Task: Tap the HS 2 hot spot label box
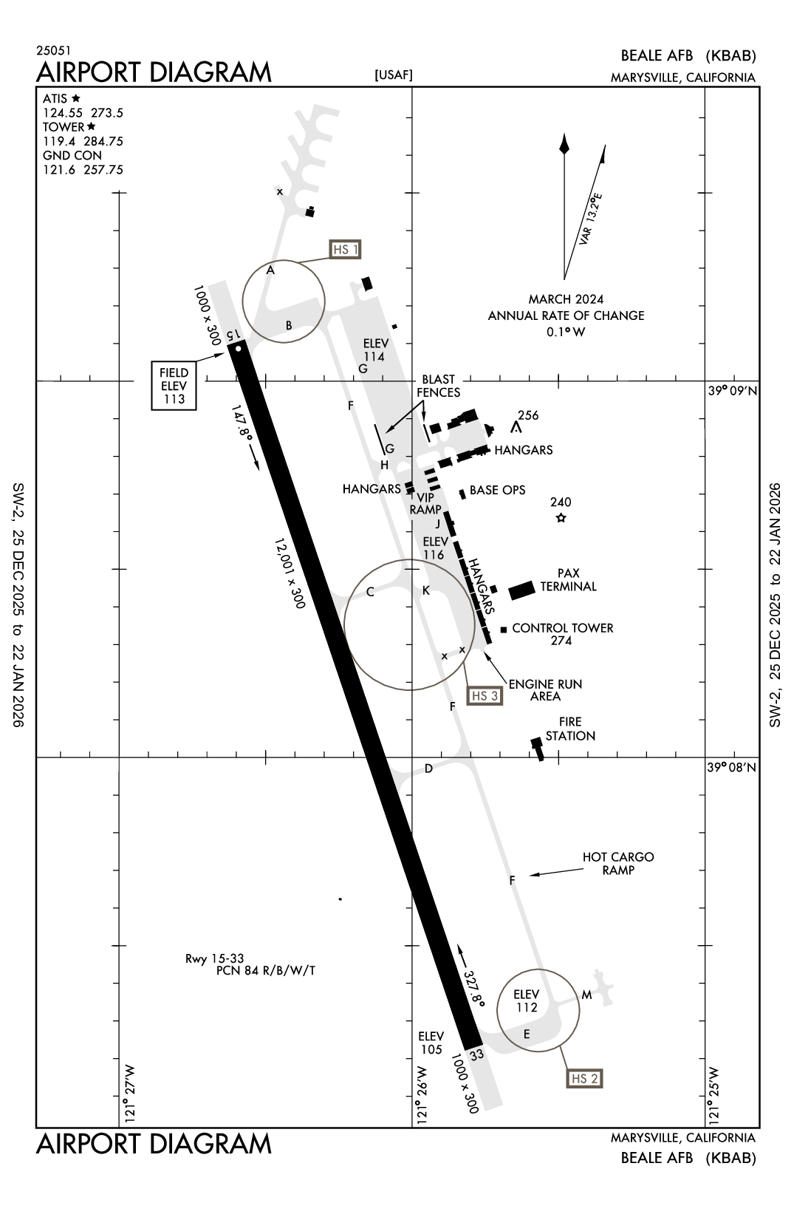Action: (584, 1079)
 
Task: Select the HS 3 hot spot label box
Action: (485, 695)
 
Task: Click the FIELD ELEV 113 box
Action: (174, 386)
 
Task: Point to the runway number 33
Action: (476, 1054)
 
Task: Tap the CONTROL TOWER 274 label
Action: (562, 634)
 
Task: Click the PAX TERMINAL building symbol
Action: (521, 590)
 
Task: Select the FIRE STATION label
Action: (570, 729)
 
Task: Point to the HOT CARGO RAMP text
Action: (618, 863)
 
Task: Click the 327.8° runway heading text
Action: (474, 988)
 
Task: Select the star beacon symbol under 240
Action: (561, 518)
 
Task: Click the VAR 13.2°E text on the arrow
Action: (591, 219)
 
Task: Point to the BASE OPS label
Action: (497, 490)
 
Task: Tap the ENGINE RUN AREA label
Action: (545, 689)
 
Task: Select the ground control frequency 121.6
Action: (58, 170)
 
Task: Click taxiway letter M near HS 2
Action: (586, 995)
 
